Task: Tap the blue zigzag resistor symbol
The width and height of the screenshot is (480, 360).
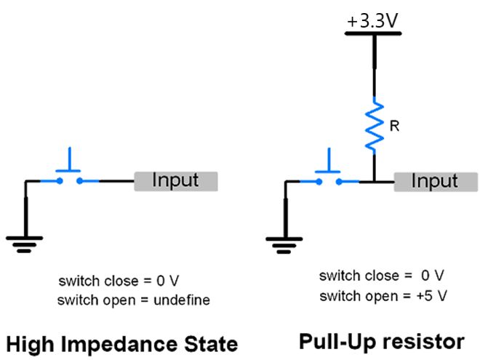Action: (x=374, y=124)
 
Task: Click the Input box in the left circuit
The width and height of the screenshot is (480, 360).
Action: (x=175, y=180)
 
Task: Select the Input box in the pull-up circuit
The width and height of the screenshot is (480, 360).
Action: (x=436, y=181)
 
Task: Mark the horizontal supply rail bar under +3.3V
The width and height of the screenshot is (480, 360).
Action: (x=374, y=34)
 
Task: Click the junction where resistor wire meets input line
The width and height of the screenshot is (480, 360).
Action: (x=374, y=181)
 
